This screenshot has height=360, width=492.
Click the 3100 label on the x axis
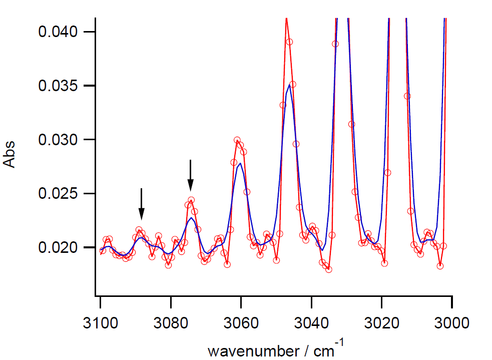pos(100,321)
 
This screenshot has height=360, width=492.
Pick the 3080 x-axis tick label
pos(171,321)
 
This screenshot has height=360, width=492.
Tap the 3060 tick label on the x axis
pos(241,321)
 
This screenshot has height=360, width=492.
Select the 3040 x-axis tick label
pos(311,321)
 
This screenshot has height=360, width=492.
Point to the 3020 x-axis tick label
pos(382,321)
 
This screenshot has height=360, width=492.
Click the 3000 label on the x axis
pos(452,321)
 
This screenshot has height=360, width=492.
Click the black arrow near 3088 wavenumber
pos(142,204)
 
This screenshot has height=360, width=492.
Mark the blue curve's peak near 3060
pos(241,163)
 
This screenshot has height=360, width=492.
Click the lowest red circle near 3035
pos(329,269)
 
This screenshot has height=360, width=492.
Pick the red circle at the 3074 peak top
pos(191,200)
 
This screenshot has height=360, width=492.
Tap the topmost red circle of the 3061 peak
pos(237,140)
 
